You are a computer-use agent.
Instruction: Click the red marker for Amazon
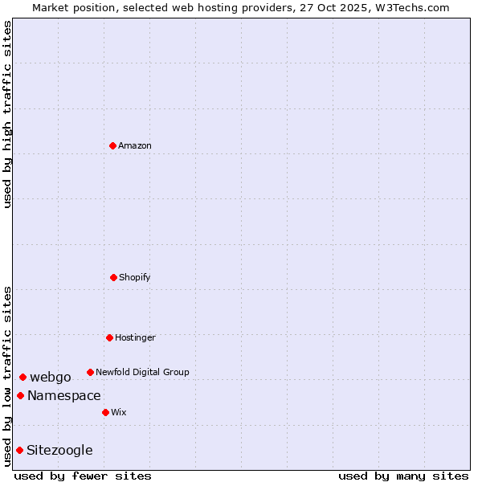click(x=112, y=145)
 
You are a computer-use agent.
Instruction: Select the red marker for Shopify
click(x=113, y=277)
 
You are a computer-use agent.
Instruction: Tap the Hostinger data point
click(x=109, y=337)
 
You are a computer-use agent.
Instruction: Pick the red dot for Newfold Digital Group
click(x=90, y=372)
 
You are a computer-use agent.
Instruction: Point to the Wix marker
click(x=105, y=412)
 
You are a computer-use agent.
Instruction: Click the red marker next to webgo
click(x=22, y=377)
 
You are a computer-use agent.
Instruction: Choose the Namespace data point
click(x=20, y=395)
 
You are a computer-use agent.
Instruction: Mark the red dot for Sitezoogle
click(x=19, y=450)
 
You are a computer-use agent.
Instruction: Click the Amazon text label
click(x=135, y=145)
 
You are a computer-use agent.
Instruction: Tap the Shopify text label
click(x=135, y=277)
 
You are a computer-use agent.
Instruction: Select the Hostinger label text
click(x=135, y=337)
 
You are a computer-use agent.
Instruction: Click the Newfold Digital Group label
click(x=142, y=372)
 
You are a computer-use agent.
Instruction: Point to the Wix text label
click(x=119, y=412)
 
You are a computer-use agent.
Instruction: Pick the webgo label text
click(x=51, y=377)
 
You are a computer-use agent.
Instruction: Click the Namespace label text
click(x=64, y=395)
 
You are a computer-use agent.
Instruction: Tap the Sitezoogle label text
click(x=59, y=450)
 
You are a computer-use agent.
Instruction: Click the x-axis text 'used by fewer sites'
click(x=83, y=476)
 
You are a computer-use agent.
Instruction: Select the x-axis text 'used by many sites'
click(x=403, y=476)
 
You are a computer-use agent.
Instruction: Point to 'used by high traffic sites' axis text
click(x=7, y=114)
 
